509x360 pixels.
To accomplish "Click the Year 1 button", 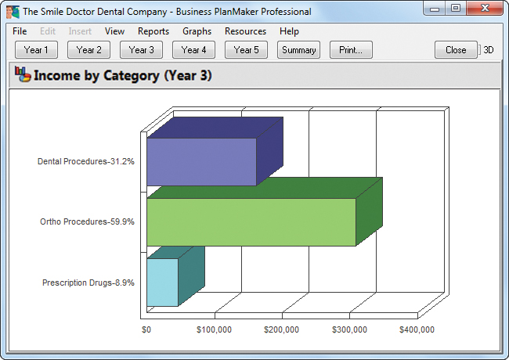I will coord(36,50).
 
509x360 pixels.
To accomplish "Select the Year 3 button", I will coord(141,50).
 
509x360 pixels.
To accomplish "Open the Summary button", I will coord(298,50).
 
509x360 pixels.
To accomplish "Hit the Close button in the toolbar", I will coord(456,50).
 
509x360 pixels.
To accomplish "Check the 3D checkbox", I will coord(481,50).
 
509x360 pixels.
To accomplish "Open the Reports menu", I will coord(153,31).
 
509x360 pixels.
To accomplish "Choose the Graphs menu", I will coord(197,31).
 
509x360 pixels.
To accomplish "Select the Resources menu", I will coord(245,31).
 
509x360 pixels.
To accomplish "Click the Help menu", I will coord(289,31).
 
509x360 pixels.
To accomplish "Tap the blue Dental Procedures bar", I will coord(201,162).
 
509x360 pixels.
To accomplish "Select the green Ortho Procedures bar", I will coord(251,222).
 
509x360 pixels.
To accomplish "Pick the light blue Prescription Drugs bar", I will coord(162,282).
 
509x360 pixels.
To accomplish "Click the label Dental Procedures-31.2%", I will coord(86,162).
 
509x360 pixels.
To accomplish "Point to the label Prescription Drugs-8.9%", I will coord(88,282).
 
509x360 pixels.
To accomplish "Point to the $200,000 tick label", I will coord(282,330).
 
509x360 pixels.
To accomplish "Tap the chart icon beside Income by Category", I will coord(21,76).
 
